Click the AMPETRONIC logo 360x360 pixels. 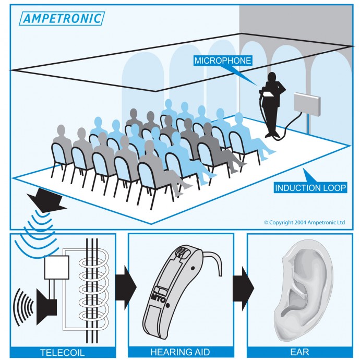pos(62,18)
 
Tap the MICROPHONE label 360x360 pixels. pos(223,61)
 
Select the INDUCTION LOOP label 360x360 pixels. pos(310,188)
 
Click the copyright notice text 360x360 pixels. pos(305,222)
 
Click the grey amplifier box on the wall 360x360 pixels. pos(307,104)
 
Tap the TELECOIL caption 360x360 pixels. pos(63,353)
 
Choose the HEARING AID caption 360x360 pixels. pos(180,352)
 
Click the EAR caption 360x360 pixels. pos(299,352)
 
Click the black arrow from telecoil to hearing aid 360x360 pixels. pos(126,287)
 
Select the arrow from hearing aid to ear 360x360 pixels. pos(243,289)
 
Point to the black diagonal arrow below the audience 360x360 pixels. pos(46,200)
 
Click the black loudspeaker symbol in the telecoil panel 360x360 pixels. pos(46,307)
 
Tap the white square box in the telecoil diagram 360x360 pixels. pos(57,268)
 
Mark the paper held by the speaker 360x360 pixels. pos(268,94)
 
